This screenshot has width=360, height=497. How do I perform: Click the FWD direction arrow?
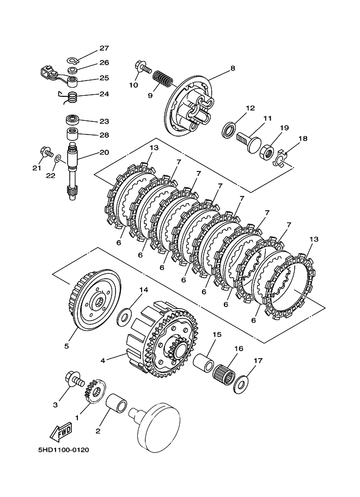(x=61, y=432)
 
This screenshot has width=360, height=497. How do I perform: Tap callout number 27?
(x=104, y=48)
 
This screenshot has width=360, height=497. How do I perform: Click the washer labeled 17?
(x=240, y=384)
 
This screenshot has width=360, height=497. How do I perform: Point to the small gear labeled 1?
(x=94, y=392)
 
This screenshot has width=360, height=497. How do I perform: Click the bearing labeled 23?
(x=73, y=120)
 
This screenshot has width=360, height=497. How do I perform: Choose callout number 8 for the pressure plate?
(x=233, y=68)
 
